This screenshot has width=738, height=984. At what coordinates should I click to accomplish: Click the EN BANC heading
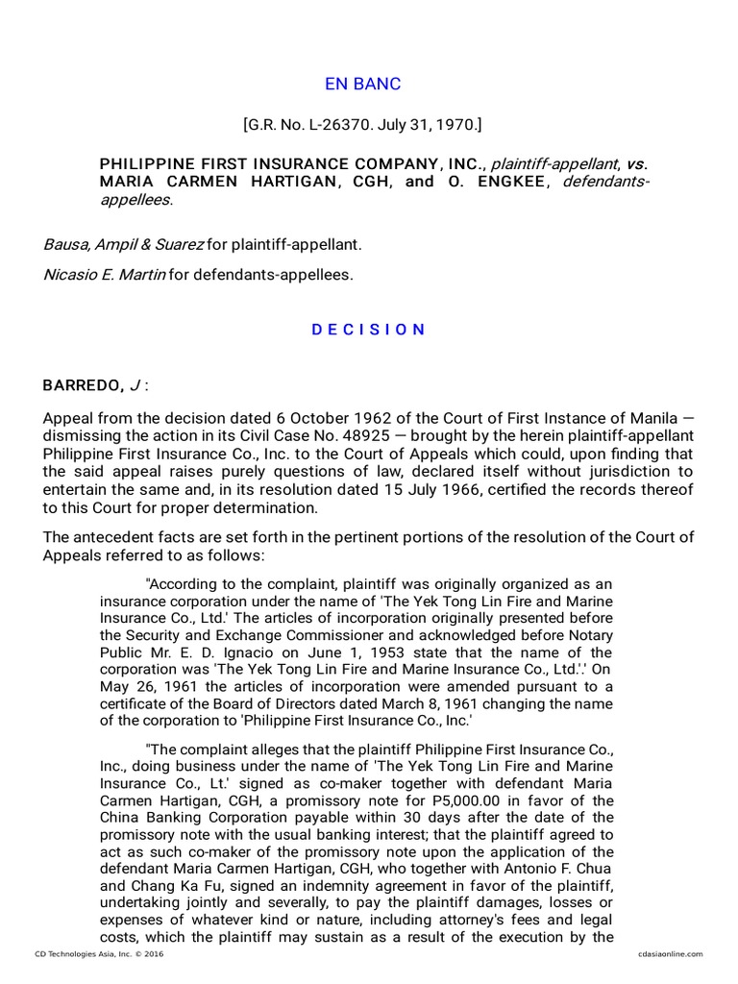point(363,84)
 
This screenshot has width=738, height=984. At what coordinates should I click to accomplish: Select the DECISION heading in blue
point(368,330)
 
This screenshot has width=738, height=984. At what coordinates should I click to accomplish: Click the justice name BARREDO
point(82,386)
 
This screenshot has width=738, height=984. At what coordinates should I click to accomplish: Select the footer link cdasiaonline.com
point(670,953)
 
